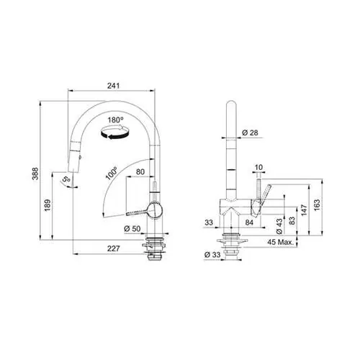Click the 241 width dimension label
pyautogui.click(x=113, y=86)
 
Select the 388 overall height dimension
pyautogui.click(x=35, y=174)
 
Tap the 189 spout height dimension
pyautogui.click(x=48, y=205)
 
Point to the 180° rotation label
pyautogui.click(x=115, y=120)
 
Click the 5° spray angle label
pyautogui.click(x=66, y=179)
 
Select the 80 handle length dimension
pyautogui.click(x=140, y=172)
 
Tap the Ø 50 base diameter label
pyautogui.click(x=132, y=229)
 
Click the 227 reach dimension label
pyautogui.click(x=113, y=248)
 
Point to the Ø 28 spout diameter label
pyautogui.click(x=250, y=132)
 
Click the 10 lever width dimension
pyautogui.click(x=258, y=167)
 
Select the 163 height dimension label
pyautogui.click(x=317, y=205)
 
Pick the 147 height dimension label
pyautogui.click(x=304, y=210)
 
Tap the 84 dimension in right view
pyautogui.click(x=249, y=222)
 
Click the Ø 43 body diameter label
pyautogui.click(x=279, y=226)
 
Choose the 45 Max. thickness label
pyautogui.click(x=281, y=242)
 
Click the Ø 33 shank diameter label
pyautogui.click(x=212, y=255)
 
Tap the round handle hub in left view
pyautogui.click(x=155, y=210)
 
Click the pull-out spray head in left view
pyautogui.click(x=74, y=157)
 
